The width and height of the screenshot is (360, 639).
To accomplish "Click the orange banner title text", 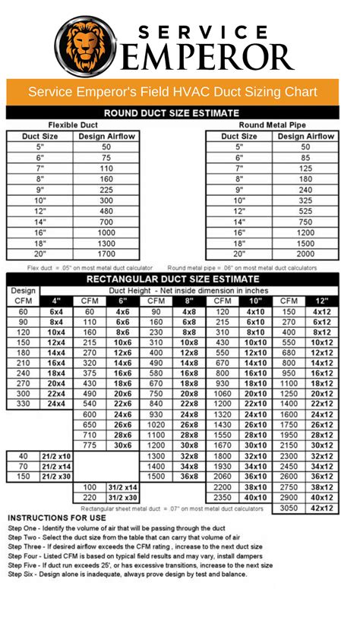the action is pyautogui.click(x=180, y=92).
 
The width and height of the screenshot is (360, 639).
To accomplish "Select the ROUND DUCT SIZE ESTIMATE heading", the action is pyautogui.click(x=180, y=112).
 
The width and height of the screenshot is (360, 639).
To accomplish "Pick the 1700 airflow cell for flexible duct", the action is pyautogui.click(x=106, y=254).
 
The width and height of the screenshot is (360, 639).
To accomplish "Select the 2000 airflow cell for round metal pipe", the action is pyautogui.click(x=305, y=254).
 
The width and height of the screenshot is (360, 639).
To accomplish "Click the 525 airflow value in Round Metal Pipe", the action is pyautogui.click(x=305, y=211).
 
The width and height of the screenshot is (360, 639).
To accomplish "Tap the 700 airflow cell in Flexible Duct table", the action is pyautogui.click(x=106, y=222).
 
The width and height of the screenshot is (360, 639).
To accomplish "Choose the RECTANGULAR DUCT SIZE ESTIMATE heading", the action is pyautogui.click(x=180, y=279).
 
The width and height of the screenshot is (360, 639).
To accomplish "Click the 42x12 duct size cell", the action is pyautogui.click(x=321, y=508).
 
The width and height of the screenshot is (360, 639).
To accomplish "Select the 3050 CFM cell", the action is pyautogui.click(x=289, y=508).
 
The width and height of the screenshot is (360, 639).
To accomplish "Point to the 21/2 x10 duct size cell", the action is pyautogui.click(x=56, y=455).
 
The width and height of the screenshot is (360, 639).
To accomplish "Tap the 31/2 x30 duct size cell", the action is pyautogui.click(x=122, y=497).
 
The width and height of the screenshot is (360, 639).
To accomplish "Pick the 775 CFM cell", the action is pyautogui.click(x=90, y=445).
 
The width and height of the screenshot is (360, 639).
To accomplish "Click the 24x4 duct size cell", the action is pyautogui.click(x=56, y=404).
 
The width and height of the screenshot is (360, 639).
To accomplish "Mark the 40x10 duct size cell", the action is pyautogui.click(x=256, y=497).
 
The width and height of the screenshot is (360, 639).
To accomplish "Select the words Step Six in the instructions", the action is pyautogui.click(x=24, y=574).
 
